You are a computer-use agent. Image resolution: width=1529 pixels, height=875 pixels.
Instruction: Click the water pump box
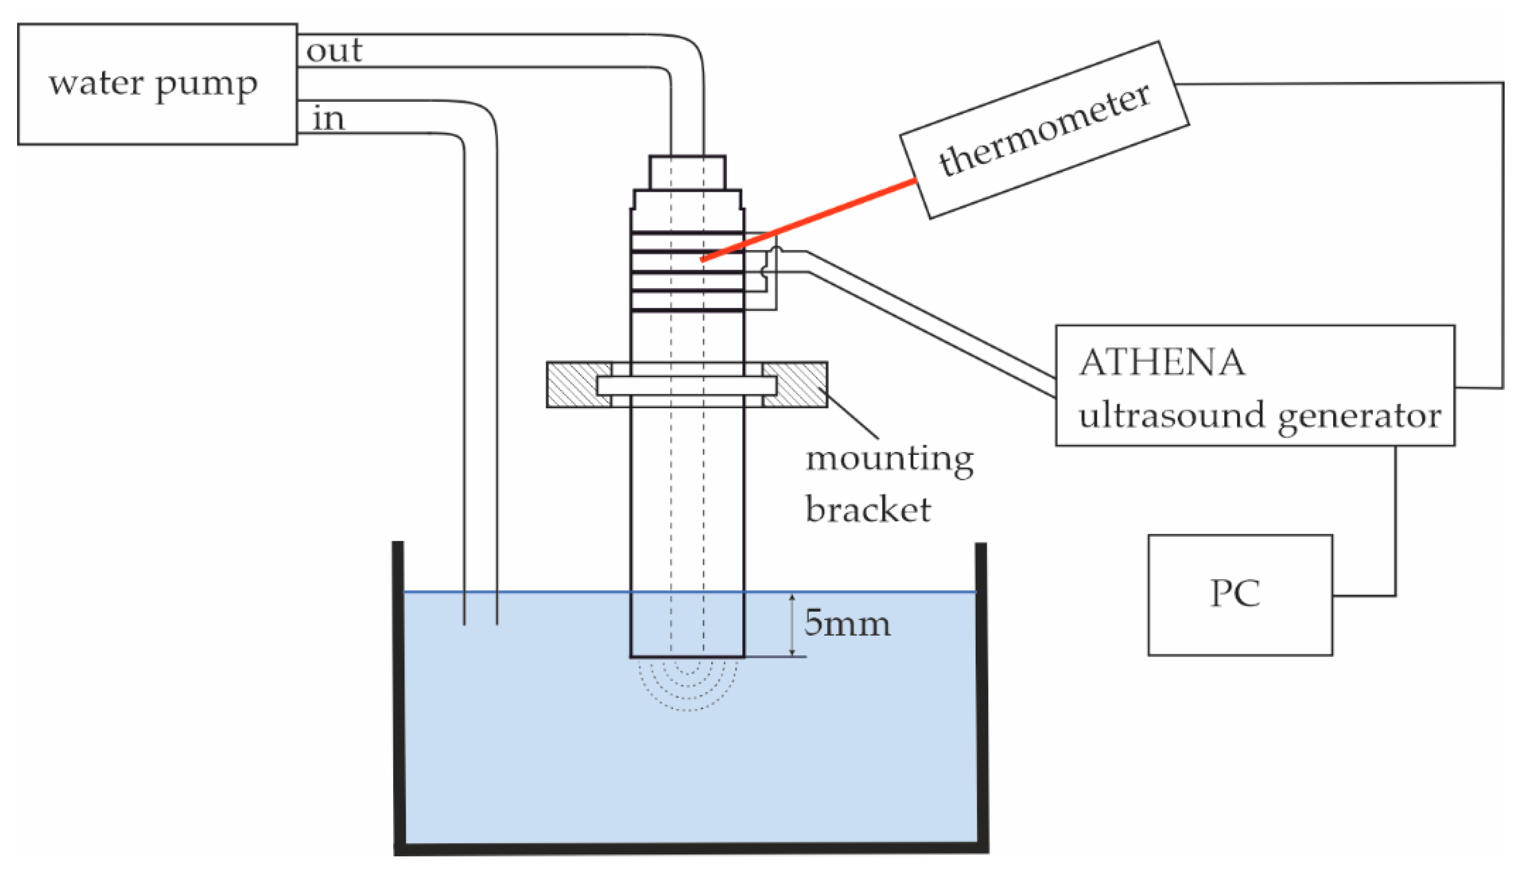coord(158,84)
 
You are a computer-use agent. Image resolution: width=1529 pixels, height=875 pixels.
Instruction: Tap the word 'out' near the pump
coord(334,50)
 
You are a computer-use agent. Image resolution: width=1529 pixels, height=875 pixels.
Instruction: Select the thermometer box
coord(1044,130)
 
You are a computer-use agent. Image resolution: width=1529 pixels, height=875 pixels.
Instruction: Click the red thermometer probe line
coord(811,219)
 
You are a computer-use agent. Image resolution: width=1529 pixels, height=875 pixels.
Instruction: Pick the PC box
coord(1240,594)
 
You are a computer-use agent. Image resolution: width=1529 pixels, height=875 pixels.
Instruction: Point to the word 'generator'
coord(1360,416)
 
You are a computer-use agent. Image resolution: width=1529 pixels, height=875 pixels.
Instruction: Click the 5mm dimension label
coord(848,623)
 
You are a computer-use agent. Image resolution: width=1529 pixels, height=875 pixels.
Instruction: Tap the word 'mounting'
coord(890,460)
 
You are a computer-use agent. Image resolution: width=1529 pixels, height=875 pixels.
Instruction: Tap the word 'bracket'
coord(868,510)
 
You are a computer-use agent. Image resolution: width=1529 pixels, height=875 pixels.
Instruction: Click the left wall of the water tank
coord(398,691)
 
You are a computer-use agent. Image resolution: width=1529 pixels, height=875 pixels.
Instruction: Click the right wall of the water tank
coord(981,691)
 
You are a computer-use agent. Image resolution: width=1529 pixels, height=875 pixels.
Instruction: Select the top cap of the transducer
coord(687,173)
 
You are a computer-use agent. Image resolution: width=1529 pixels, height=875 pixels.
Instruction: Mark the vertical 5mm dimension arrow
coord(792,625)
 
